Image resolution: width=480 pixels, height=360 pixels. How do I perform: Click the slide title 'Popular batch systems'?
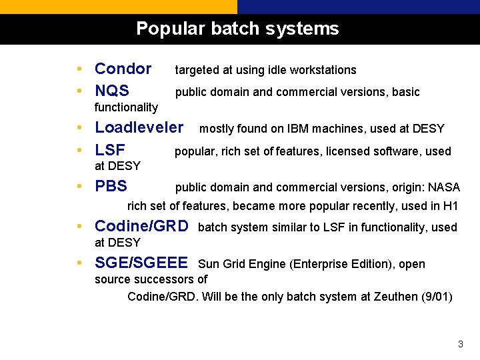(x=237, y=29)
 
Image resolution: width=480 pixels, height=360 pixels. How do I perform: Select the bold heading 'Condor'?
(x=123, y=69)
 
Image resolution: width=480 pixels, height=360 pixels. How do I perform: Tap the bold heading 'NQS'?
(x=112, y=91)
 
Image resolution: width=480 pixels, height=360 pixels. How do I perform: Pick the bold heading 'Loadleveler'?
(x=139, y=127)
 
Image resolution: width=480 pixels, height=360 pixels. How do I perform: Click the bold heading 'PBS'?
(x=111, y=186)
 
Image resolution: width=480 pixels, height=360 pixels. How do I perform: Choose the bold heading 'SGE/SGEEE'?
(x=141, y=263)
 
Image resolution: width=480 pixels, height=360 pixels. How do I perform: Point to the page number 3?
(x=460, y=344)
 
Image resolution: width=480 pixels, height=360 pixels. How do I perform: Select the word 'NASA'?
(x=444, y=187)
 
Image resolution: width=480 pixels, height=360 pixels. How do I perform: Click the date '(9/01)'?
(x=437, y=297)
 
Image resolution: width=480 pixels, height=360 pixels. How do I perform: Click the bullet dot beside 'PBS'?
(x=79, y=187)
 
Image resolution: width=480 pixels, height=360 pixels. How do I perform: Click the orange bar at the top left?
(x=118, y=7)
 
